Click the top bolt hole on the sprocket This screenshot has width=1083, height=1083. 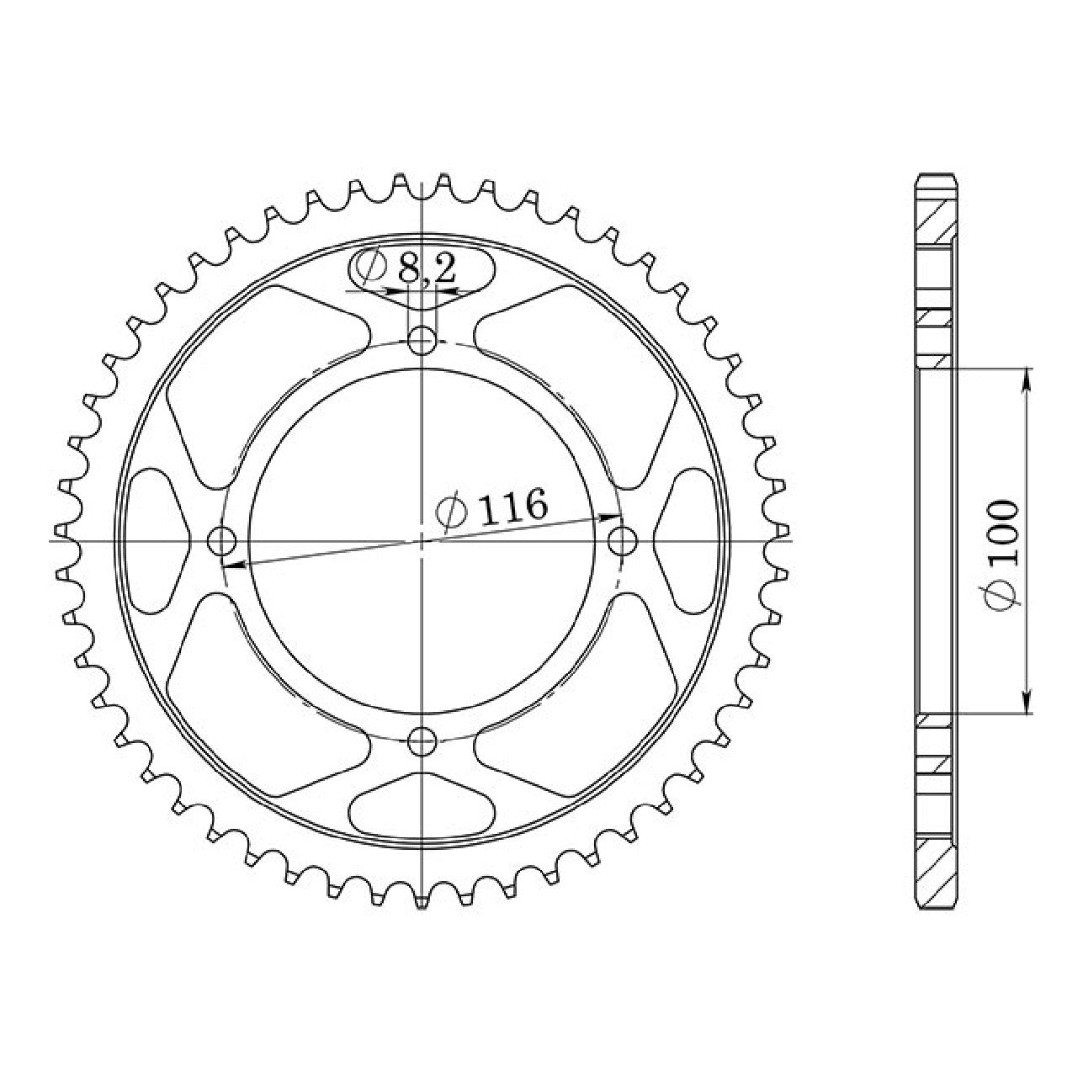[x=422, y=340]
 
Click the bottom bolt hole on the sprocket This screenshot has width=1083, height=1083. [x=422, y=742]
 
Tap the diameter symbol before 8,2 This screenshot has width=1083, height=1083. [x=370, y=268]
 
